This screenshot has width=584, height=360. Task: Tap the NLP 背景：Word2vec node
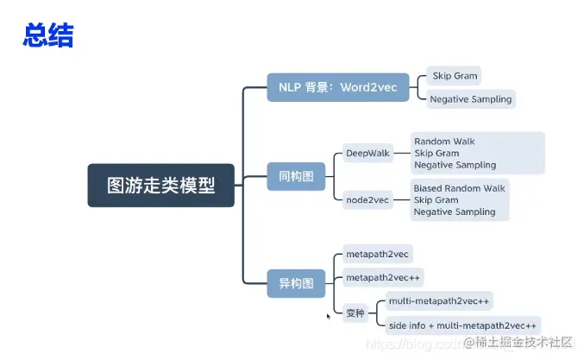337,87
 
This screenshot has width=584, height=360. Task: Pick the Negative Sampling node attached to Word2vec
470,98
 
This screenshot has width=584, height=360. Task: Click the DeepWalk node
367,153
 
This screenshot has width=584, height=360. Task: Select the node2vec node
367,199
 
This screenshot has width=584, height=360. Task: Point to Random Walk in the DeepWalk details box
444,141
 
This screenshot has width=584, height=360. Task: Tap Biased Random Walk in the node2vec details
459,187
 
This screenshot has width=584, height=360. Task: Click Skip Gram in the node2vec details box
436,199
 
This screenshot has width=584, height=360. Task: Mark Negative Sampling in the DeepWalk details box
455,165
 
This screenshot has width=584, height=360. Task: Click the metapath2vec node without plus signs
378,254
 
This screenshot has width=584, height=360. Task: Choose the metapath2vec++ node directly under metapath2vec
383,278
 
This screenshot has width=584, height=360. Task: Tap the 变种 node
355,313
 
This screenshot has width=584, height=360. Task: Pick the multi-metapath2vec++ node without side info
438,300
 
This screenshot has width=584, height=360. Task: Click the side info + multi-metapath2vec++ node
462,325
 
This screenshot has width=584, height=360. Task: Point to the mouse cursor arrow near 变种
328,317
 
